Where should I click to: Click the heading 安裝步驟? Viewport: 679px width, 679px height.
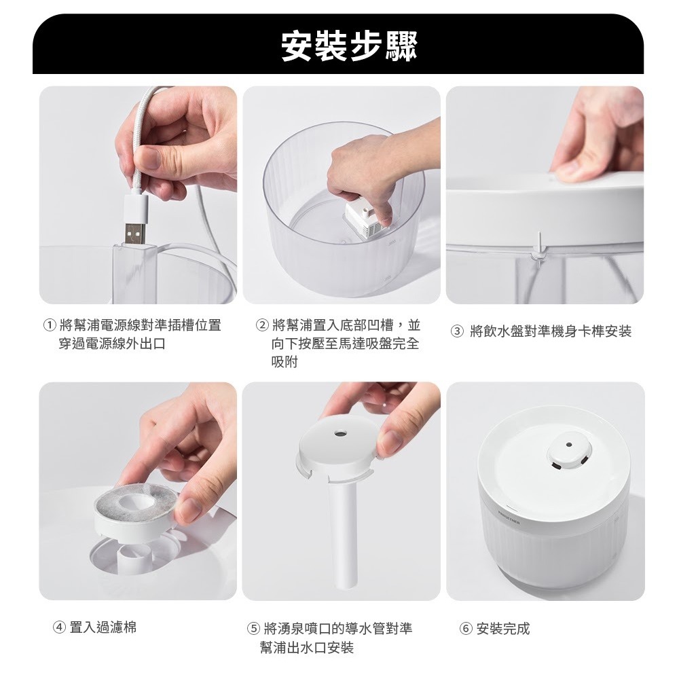point(348,46)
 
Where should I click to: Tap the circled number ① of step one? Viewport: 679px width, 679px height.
point(50,325)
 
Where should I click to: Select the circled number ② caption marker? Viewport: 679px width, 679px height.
point(262,325)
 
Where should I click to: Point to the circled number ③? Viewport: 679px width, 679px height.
point(457,332)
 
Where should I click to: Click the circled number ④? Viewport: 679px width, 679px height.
point(58,627)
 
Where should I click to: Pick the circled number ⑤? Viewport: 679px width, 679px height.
point(253,628)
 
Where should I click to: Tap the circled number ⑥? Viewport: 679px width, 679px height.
point(466,628)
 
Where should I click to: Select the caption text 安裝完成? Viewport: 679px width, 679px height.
point(502,628)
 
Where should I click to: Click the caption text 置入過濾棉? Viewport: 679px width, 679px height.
point(103,627)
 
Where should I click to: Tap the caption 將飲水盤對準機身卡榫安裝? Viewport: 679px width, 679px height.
point(551,332)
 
